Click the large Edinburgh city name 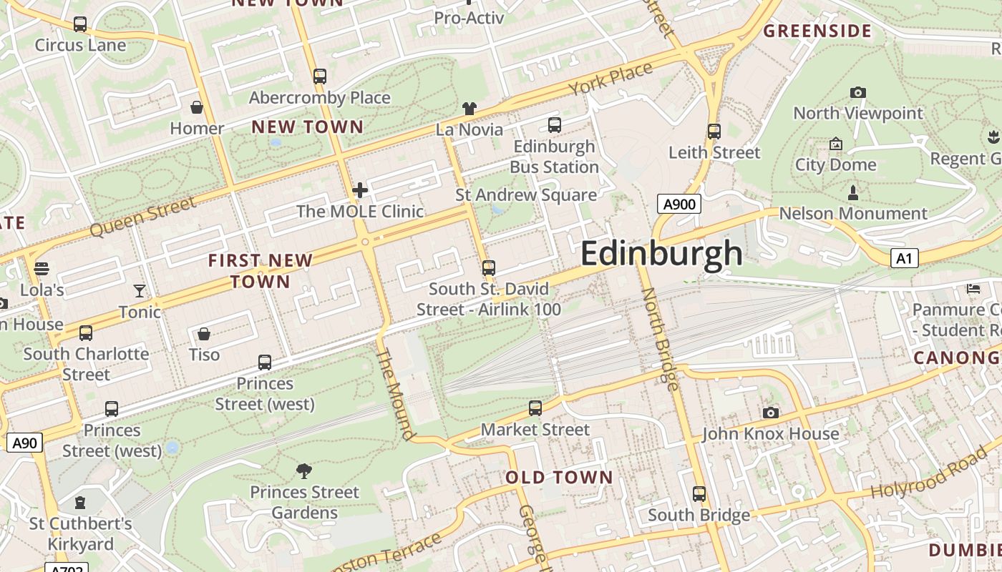(662, 254)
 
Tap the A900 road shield (679, 204)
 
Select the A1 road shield (904, 258)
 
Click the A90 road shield (24, 443)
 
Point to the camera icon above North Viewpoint (857, 92)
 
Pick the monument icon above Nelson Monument (852, 192)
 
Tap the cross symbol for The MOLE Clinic (360, 190)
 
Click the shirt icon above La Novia (469, 109)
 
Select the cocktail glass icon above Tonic (140, 290)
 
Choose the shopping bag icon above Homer (197, 107)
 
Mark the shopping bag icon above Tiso (204, 334)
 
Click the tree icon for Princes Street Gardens (304, 470)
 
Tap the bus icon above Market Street (535, 408)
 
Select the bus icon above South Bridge (699, 493)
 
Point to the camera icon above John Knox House (771, 413)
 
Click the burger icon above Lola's (42, 269)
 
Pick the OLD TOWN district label (559, 478)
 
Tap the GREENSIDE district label (817, 31)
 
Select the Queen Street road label (143, 217)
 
